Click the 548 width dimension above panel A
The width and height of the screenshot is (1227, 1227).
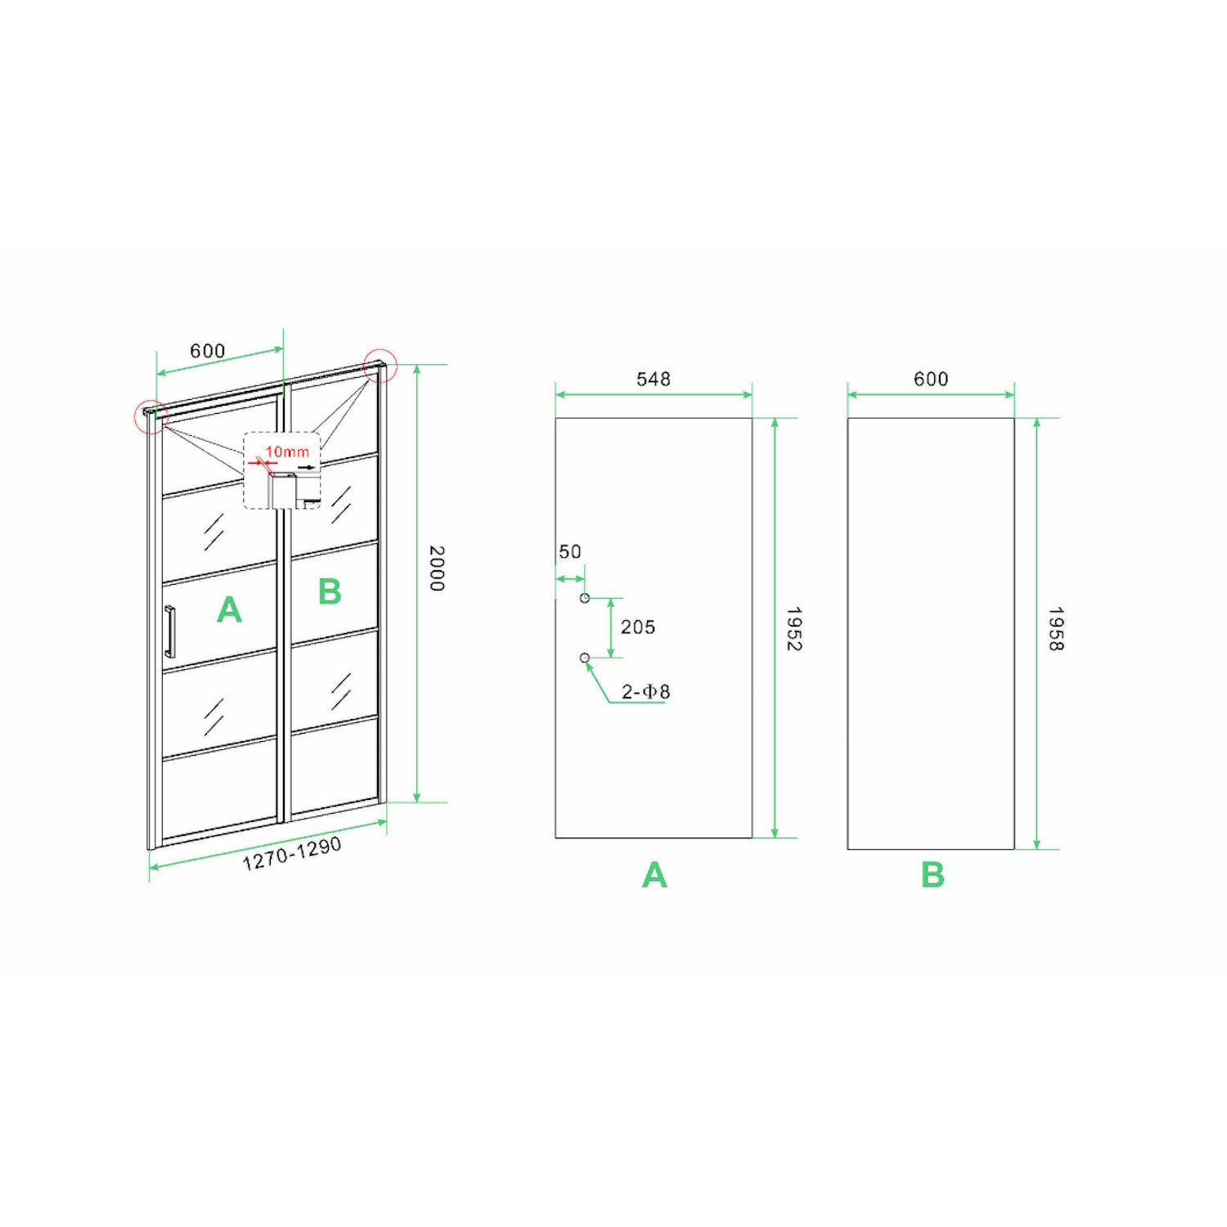[654, 379]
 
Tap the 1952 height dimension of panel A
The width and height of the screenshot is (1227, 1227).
[793, 629]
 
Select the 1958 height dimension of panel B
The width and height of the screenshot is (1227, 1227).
[1056, 629]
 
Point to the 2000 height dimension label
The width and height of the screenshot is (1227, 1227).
[437, 569]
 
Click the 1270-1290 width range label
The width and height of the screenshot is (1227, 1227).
[292, 854]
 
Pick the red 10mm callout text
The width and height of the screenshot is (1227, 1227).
[287, 452]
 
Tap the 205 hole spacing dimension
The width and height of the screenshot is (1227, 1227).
[638, 627]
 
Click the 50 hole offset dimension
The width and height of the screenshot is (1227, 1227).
[570, 552]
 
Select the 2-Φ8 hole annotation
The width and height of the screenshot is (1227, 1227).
[645, 692]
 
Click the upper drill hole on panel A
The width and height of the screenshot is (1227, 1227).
[585, 598]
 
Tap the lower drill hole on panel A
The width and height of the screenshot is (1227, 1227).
[585, 658]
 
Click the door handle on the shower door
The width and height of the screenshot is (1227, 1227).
[169, 631]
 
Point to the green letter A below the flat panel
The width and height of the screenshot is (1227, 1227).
[654, 875]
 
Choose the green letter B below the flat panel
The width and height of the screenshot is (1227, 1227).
[933, 875]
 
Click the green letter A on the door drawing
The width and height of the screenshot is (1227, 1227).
[230, 610]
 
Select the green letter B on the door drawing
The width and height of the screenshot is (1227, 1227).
[330, 591]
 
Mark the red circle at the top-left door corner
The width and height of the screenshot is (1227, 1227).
[151, 417]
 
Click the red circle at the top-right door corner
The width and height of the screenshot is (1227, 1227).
[380, 366]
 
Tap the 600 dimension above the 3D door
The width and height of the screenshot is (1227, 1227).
[208, 351]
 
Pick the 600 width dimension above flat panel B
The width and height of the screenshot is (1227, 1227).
[932, 379]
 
